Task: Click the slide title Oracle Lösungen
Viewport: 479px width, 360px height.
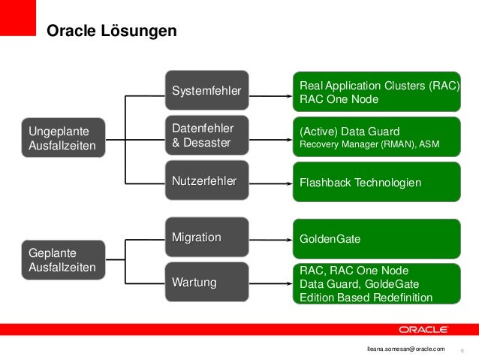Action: click(x=112, y=31)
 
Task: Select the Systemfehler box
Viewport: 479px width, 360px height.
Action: click(x=206, y=91)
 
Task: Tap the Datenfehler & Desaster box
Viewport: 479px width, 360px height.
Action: click(x=206, y=136)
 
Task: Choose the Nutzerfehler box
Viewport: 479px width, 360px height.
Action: click(x=206, y=181)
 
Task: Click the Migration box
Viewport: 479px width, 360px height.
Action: click(x=206, y=237)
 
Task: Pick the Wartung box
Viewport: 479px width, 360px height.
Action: click(x=206, y=283)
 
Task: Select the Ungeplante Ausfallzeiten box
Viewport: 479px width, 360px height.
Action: click(x=63, y=138)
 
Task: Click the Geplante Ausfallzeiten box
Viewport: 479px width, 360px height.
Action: click(x=63, y=259)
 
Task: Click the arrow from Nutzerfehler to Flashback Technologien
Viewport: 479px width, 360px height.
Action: click(x=269, y=182)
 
